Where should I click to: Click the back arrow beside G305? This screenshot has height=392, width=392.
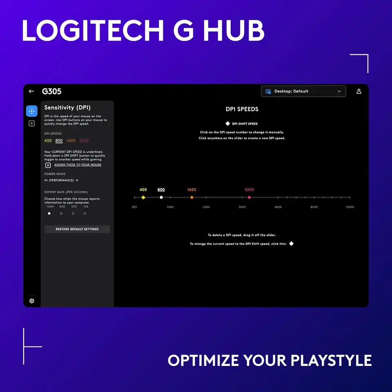tap(31, 91)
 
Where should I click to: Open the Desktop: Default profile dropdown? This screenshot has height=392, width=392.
tap(303, 91)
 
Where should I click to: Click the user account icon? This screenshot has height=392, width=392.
tap(359, 91)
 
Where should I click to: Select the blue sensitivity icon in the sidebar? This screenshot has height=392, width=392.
tap(32, 111)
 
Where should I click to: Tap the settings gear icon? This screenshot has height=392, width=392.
tap(32, 301)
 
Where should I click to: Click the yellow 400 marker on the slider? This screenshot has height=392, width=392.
tap(143, 198)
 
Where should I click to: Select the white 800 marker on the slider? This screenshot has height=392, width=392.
tap(161, 198)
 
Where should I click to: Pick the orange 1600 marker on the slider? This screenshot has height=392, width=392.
tap(192, 198)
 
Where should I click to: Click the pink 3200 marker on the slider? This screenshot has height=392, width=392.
tap(249, 198)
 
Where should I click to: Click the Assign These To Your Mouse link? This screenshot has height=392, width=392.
tap(78, 165)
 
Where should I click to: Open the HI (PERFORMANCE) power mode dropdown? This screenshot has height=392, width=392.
tap(61, 180)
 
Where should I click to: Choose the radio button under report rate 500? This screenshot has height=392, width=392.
tap(61, 213)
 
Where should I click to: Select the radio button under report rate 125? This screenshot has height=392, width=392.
tap(85, 213)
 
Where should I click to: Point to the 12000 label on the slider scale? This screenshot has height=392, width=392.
tap(350, 207)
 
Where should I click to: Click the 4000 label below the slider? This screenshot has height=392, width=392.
tap(278, 207)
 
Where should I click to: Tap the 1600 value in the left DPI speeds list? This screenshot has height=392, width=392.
tap(71, 141)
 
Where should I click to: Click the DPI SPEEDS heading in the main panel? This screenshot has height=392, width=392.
tap(242, 109)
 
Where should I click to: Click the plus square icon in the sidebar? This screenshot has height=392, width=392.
tap(32, 123)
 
